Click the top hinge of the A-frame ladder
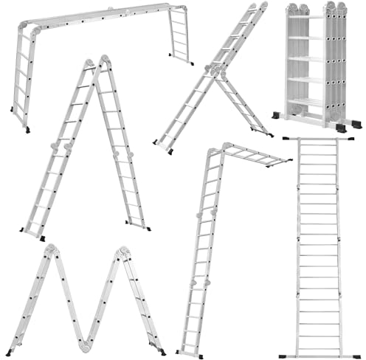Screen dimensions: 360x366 coord(94,63)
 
